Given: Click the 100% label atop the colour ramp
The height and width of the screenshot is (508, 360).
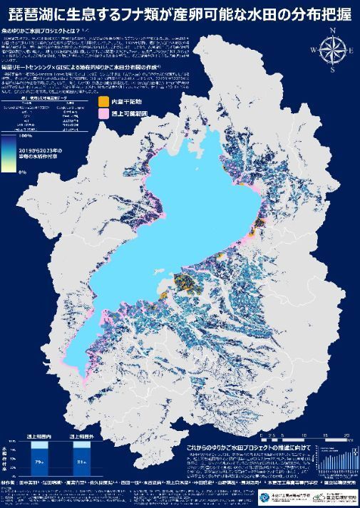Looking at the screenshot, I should pyautogui.click(x=25, y=135).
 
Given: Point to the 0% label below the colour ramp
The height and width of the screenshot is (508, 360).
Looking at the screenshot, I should pyautogui.click(x=22, y=172).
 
